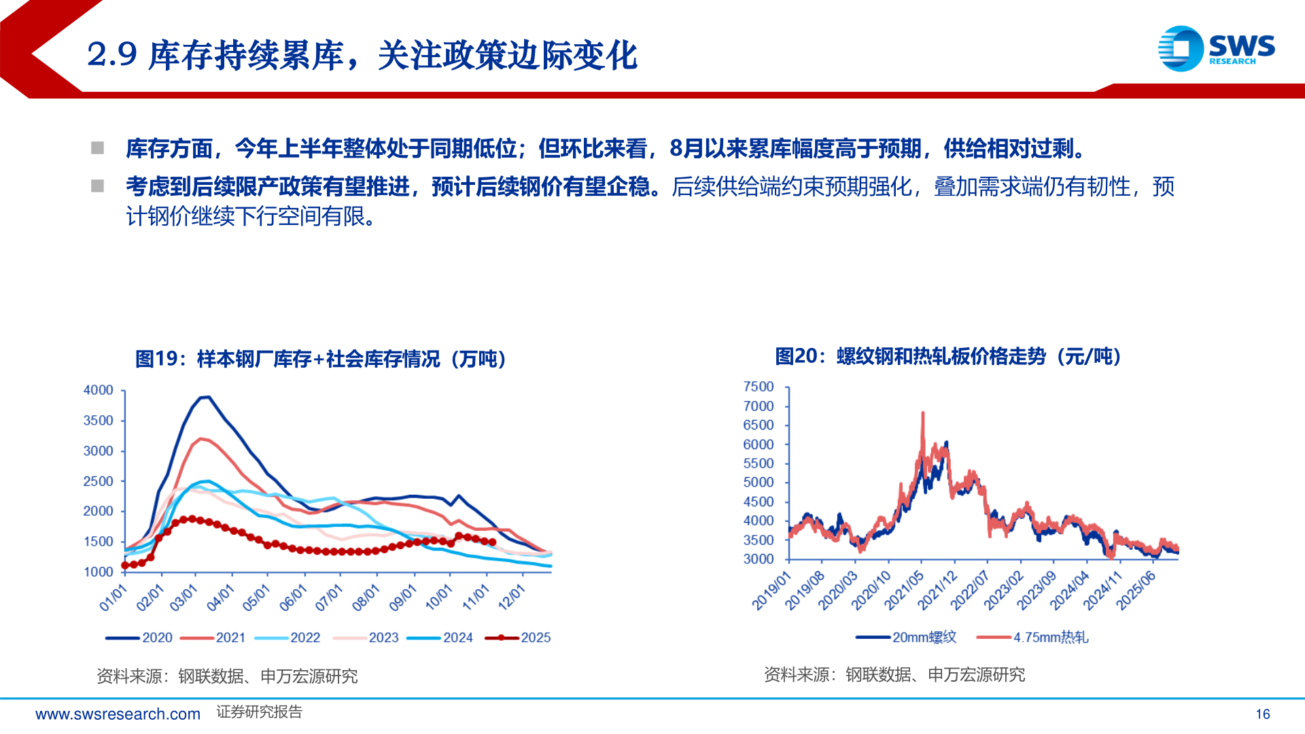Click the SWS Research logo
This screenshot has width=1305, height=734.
(x=1216, y=48)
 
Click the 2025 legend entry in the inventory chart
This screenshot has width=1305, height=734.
(x=519, y=637)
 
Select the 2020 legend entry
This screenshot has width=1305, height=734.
(x=139, y=637)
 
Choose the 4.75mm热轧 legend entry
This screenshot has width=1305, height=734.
(x=1032, y=637)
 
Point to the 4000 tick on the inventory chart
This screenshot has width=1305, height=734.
(x=99, y=390)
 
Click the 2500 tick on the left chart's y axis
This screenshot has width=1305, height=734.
(x=99, y=481)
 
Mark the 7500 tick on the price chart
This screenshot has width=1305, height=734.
(x=759, y=387)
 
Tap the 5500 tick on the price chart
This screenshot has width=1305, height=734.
(x=759, y=464)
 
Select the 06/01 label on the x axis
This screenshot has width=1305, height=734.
(x=293, y=598)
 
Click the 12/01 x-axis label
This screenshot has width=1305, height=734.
(x=512, y=598)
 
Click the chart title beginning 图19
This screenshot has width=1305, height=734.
(x=321, y=359)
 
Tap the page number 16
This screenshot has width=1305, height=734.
(x=1263, y=714)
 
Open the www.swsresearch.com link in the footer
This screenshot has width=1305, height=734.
(x=118, y=714)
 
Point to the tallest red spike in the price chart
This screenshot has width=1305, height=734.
(x=922, y=413)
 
